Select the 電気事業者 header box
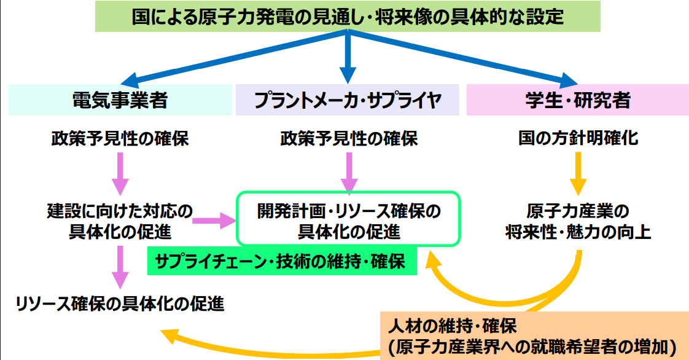[119, 100]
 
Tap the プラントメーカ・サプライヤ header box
[347, 100]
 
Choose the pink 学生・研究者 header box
[577, 100]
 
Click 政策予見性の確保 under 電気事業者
[119, 139]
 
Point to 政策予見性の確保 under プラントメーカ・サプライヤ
[348, 139]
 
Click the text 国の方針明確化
[578, 139]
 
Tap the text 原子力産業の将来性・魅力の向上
[577, 222]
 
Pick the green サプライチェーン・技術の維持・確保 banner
[280, 263]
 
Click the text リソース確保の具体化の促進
[119, 303]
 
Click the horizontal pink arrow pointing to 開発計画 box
[215, 219]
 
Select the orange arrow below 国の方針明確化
[577, 175]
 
